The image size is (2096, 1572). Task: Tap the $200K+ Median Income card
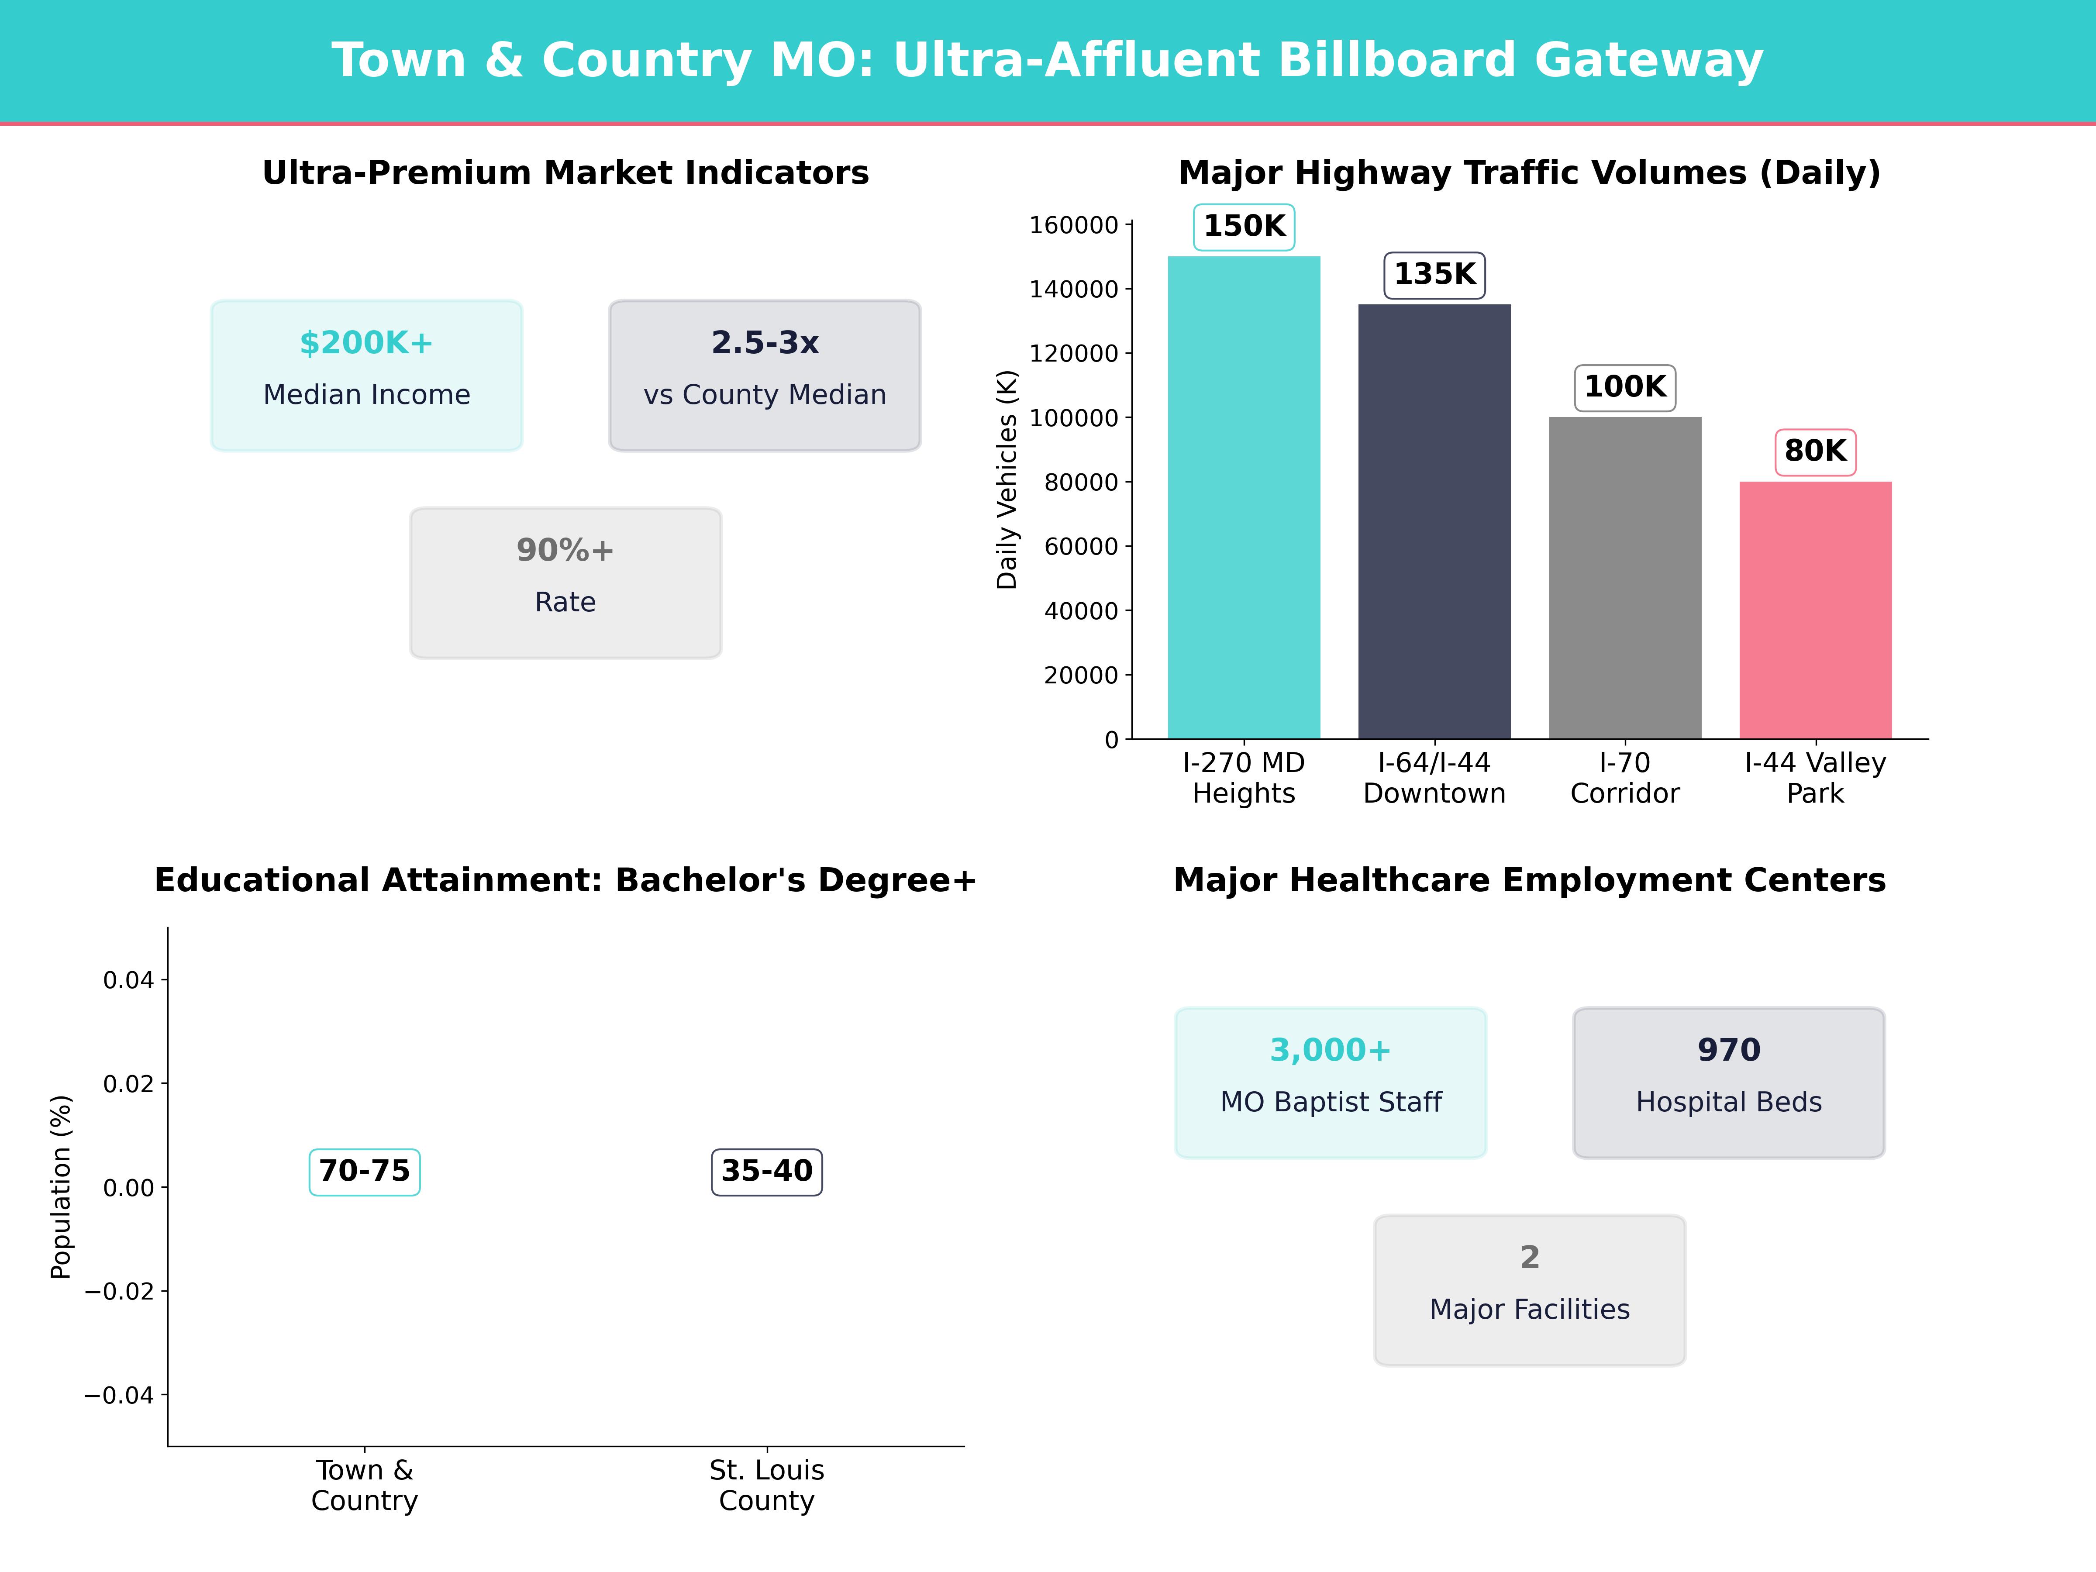point(367,375)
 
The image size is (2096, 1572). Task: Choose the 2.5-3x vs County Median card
point(765,375)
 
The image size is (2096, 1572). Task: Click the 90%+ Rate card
point(565,583)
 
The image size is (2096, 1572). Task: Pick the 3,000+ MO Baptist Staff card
point(1331,1082)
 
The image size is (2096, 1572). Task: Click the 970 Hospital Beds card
point(1728,1082)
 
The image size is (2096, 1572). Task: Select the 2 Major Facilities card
point(1529,1289)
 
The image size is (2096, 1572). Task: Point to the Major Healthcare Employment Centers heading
point(1529,880)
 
